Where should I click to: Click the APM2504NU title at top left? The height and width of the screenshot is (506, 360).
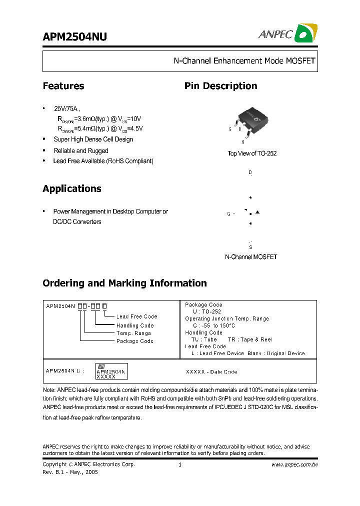74,37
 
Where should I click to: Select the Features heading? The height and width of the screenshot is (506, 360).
63,86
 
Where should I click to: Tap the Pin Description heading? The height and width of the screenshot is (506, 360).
220,86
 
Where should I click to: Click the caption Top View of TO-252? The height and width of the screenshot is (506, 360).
252,153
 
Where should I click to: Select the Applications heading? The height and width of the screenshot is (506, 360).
72,189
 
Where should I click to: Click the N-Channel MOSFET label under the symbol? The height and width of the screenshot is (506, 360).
251,257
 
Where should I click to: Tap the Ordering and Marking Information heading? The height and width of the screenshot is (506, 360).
124,283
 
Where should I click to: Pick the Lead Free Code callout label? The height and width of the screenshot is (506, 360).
136,316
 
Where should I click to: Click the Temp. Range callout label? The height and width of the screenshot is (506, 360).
133,333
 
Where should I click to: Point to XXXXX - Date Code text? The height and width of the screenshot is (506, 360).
211,372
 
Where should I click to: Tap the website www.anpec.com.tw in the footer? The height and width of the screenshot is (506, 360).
294,464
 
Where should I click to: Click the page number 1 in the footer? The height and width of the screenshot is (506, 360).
179,464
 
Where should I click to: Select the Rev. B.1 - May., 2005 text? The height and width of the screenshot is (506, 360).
70,472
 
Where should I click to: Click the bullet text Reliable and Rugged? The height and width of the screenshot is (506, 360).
81,150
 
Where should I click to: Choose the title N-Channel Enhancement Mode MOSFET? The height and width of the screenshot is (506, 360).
244,61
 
